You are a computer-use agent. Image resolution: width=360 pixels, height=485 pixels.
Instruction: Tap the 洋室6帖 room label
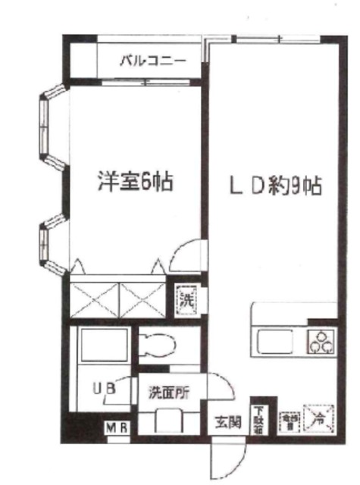click(x=133, y=182)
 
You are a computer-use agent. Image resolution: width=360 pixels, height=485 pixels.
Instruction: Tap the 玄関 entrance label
click(x=225, y=422)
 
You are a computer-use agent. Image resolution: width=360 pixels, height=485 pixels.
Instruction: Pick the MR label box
click(x=117, y=428)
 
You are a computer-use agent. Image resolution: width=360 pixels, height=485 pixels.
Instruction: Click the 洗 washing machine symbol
click(x=186, y=299)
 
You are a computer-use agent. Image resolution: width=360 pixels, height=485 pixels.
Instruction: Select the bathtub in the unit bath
click(x=99, y=347)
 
